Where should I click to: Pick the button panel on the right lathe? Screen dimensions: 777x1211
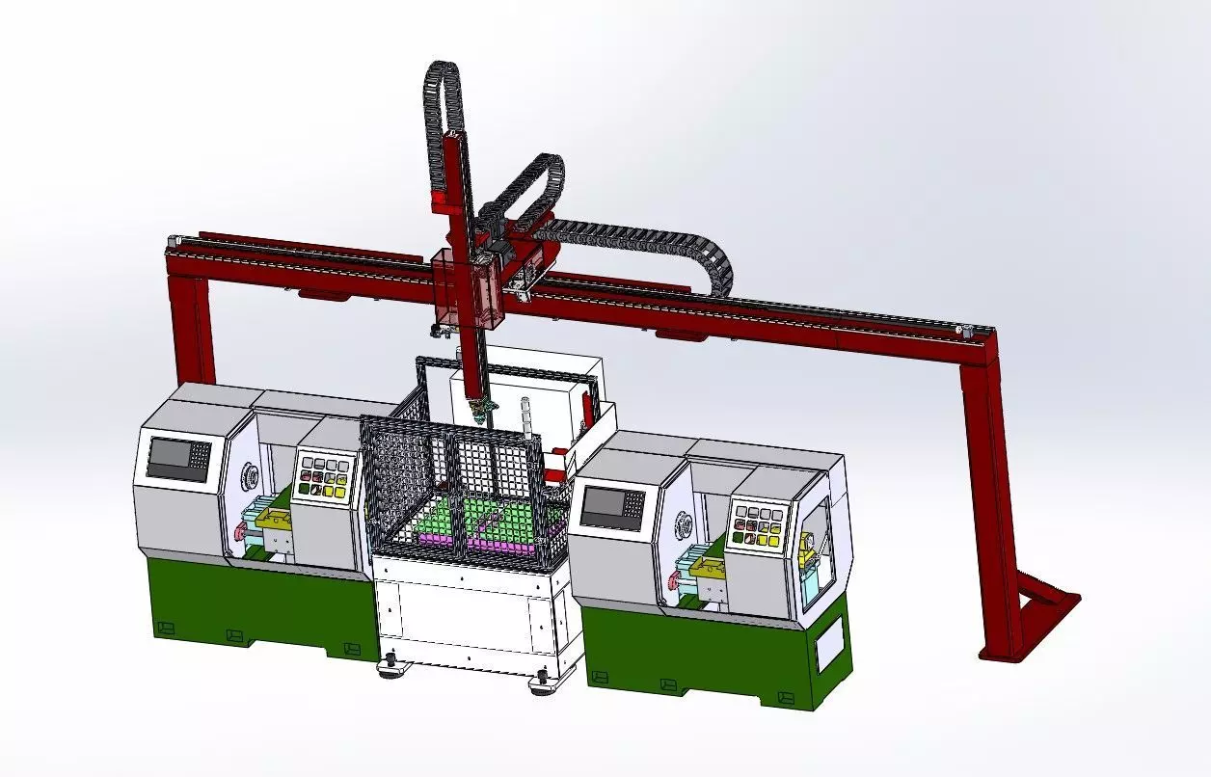(758, 525)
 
